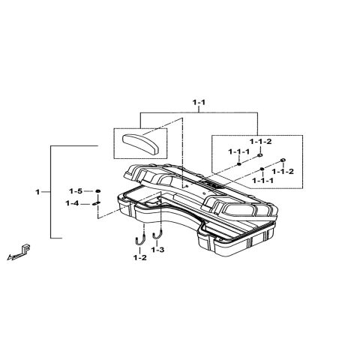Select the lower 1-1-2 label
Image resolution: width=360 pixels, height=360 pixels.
283,172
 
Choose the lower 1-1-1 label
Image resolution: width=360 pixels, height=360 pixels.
263,181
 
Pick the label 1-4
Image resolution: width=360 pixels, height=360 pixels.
73,203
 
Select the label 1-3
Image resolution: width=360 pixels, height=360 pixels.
157,249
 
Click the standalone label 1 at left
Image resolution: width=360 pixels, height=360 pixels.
37,193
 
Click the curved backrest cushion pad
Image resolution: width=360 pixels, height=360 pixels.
140,141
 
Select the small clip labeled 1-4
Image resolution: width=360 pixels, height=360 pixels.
97,203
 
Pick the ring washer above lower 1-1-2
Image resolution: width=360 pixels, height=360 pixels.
284,160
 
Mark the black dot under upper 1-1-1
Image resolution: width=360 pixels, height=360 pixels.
238,163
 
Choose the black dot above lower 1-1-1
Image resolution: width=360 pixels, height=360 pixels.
262,170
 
